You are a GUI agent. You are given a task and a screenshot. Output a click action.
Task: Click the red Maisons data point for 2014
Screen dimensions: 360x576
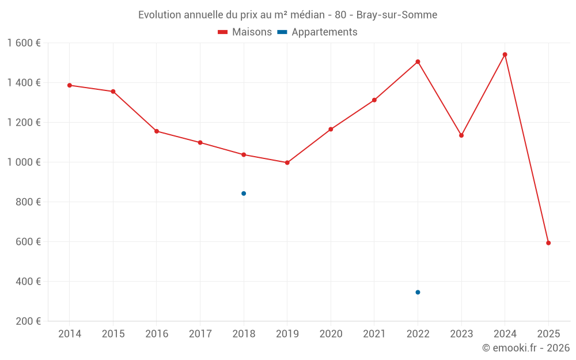pyautogui.click(x=70, y=85)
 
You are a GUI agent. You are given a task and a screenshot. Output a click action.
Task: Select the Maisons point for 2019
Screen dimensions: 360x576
pyautogui.click(x=287, y=162)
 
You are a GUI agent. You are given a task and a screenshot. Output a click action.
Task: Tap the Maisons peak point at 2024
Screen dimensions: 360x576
pyautogui.click(x=505, y=55)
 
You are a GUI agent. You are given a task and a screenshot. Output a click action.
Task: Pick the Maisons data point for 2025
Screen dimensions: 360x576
pyautogui.click(x=548, y=243)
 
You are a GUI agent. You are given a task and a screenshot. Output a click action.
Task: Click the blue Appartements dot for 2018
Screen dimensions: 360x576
pyautogui.click(x=244, y=194)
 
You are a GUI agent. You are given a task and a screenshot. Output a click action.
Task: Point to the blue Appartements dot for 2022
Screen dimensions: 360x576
pyautogui.click(x=418, y=292)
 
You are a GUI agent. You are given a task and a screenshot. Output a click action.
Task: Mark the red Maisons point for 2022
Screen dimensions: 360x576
pyautogui.click(x=418, y=62)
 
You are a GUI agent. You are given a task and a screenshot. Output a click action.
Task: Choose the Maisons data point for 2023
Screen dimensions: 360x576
pyautogui.click(x=461, y=135)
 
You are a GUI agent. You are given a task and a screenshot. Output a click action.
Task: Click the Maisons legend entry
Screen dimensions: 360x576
pyautogui.click(x=245, y=32)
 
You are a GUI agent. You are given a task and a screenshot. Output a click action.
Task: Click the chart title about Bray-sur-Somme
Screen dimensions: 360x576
pyautogui.click(x=287, y=15)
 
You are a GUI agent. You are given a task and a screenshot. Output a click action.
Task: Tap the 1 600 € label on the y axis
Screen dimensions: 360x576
pyautogui.click(x=24, y=43)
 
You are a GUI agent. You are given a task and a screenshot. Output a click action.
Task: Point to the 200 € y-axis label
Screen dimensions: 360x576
pyautogui.click(x=28, y=321)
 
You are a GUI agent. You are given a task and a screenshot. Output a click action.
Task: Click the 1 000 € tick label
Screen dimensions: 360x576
pyautogui.click(x=24, y=162)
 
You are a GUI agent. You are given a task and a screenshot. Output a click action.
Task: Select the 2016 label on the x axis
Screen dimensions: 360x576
pyautogui.click(x=157, y=334)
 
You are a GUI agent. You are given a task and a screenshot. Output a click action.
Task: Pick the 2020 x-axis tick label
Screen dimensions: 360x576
pyautogui.click(x=331, y=334)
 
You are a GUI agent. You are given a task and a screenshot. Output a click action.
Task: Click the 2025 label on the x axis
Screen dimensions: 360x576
pyautogui.click(x=548, y=334)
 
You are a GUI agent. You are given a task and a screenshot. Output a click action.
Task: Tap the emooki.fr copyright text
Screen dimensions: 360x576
pyautogui.click(x=525, y=348)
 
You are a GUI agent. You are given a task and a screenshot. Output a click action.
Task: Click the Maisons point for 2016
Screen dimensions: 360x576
pyautogui.click(x=157, y=131)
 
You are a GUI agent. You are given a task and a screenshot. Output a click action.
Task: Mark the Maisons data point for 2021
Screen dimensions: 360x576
pyautogui.click(x=374, y=100)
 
